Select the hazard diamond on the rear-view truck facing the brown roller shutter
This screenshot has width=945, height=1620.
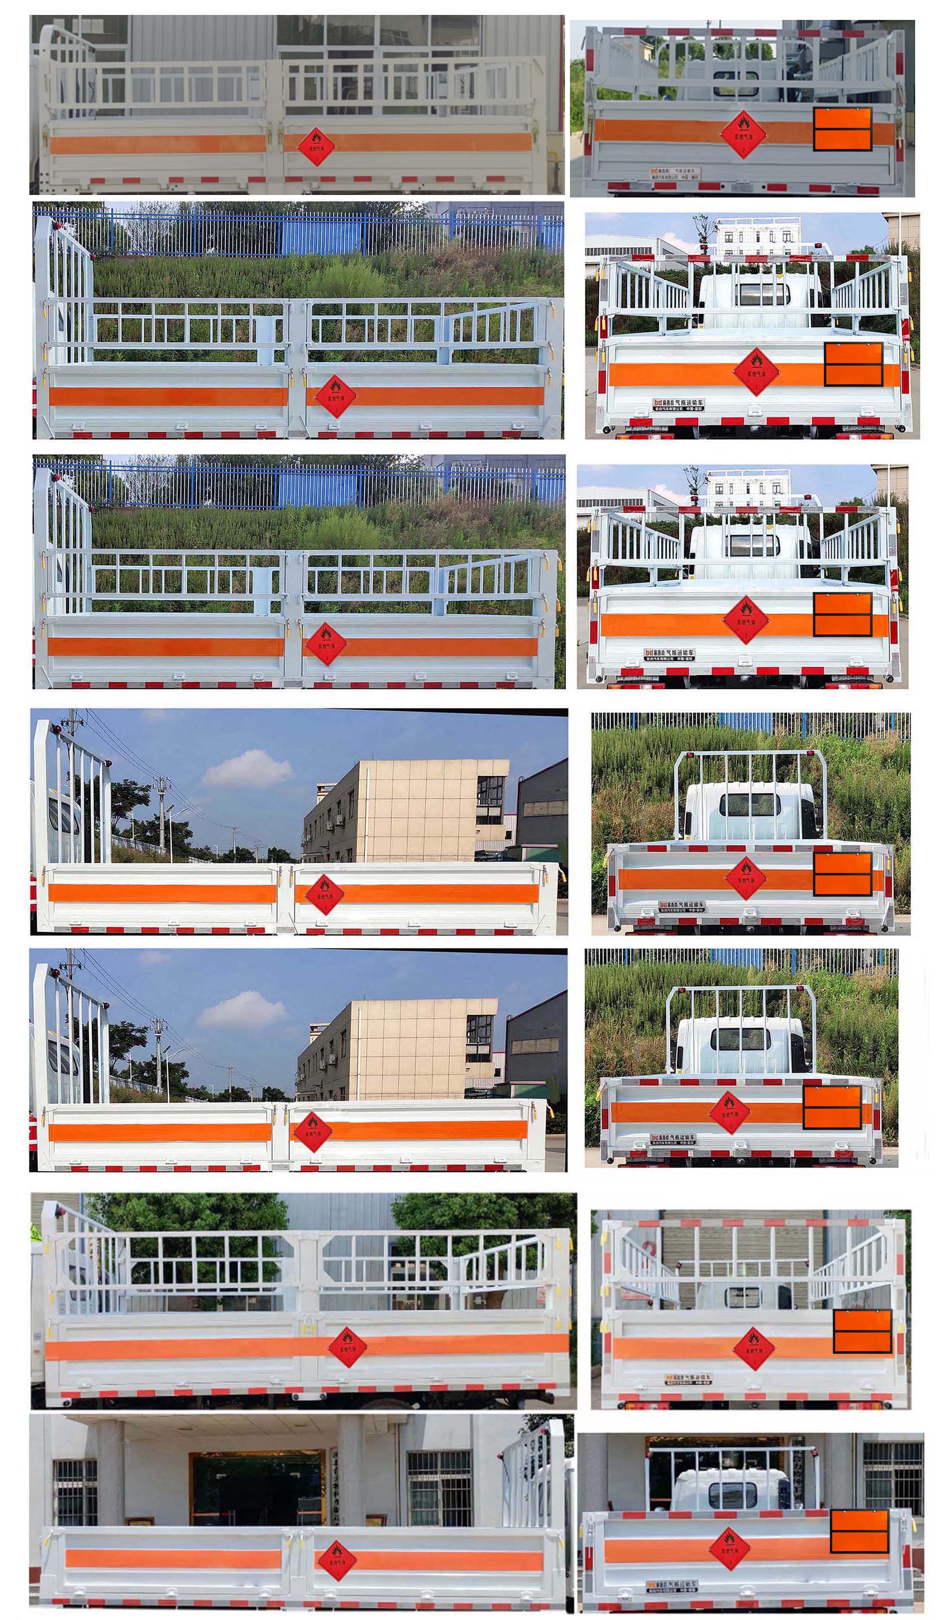pyautogui.click(x=753, y=1348)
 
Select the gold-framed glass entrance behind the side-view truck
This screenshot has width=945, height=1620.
pyautogui.click(x=257, y=1490)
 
